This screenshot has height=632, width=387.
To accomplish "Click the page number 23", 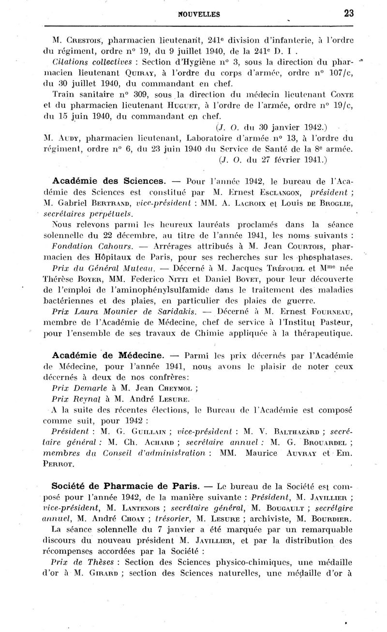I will pos(349,14).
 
